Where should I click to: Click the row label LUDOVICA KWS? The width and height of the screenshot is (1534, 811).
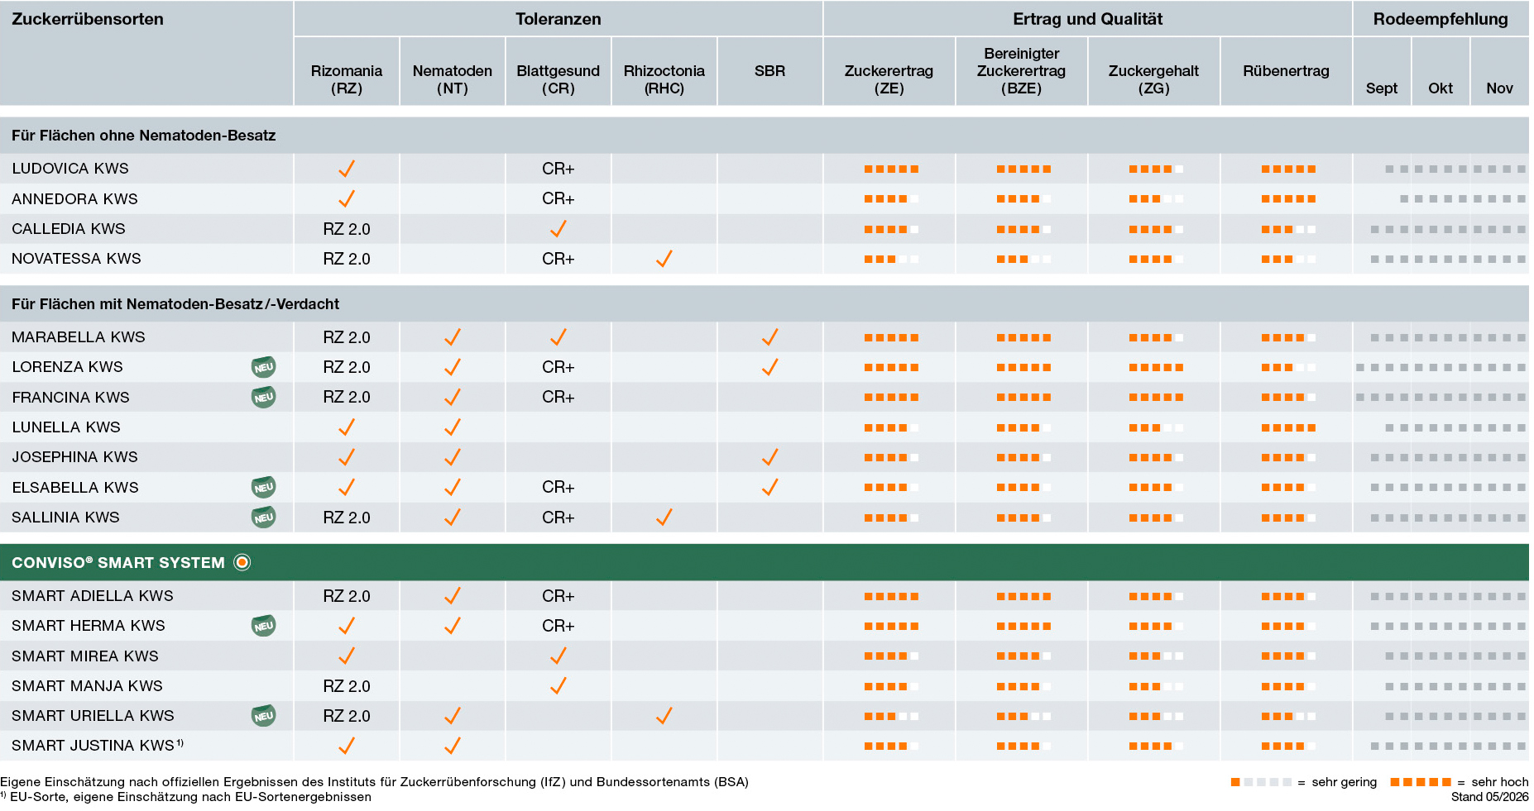click(70, 169)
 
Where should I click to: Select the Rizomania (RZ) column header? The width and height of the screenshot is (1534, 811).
click(347, 79)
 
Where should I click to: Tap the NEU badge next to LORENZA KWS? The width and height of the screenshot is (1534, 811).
click(263, 367)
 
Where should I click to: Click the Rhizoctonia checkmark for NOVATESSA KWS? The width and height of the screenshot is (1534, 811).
click(664, 259)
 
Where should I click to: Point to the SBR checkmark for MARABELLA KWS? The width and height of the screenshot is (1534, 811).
click(769, 337)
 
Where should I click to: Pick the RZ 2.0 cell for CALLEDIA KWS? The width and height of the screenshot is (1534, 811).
click(347, 229)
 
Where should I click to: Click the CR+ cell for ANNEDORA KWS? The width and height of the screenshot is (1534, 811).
click(558, 198)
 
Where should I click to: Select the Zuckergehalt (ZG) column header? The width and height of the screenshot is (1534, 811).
click(1153, 79)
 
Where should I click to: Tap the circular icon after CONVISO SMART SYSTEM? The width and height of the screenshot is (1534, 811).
click(242, 563)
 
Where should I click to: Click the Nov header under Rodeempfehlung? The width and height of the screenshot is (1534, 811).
click(1499, 88)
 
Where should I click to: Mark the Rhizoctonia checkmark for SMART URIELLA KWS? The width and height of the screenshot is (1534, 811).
click(664, 716)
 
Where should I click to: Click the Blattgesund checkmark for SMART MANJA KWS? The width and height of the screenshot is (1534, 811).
click(558, 685)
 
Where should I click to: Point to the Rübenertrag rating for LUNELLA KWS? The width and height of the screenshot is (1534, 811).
click(1288, 427)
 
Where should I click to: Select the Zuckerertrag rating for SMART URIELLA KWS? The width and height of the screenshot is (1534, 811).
click(891, 716)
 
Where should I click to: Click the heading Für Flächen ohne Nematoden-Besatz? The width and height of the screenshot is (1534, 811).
click(144, 136)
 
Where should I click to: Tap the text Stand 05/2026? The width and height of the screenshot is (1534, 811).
click(1489, 797)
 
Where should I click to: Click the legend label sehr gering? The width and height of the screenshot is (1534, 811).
click(1345, 782)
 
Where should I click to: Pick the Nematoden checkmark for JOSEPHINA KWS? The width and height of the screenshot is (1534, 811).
click(453, 457)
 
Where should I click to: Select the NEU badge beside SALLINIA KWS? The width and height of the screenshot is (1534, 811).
click(263, 518)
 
